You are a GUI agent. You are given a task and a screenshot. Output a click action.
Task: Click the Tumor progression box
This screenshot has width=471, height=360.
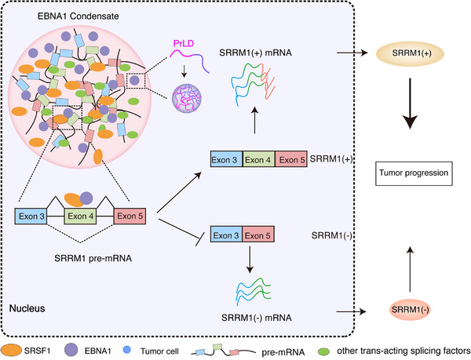[414, 173]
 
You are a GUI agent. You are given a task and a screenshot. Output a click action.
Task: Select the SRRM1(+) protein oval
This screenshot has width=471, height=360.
[410, 53]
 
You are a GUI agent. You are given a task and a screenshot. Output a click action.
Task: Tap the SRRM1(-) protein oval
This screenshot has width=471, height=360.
[410, 310]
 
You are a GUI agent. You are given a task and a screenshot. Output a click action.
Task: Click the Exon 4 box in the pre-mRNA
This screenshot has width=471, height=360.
[80, 216]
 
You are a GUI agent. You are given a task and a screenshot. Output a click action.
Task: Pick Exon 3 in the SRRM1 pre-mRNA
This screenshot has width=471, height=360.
[31, 216]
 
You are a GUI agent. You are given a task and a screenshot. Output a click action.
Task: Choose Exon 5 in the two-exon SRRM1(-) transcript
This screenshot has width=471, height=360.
[258, 235]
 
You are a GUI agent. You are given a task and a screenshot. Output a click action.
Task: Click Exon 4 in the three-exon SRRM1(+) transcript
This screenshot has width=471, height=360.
[258, 159]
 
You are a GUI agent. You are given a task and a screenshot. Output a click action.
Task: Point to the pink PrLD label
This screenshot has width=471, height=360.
[184, 44]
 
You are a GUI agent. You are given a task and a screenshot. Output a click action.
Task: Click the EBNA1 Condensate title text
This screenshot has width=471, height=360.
[78, 16]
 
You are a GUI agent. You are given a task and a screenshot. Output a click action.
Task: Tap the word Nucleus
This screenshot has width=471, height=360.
[27, 308]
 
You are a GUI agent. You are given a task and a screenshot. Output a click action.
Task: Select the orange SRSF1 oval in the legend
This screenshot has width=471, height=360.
[12, 350]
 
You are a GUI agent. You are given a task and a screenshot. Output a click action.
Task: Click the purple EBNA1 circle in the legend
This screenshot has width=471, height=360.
[71, 350]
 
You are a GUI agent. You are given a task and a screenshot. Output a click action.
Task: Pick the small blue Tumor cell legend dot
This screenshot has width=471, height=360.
[127, 350]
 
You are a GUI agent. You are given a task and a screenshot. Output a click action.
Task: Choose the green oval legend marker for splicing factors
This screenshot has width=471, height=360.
[323, 351]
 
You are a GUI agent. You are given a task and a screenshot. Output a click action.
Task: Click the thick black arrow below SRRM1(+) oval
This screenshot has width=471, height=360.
[410, 104]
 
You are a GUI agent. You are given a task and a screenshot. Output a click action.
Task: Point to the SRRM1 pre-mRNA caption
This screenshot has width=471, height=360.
[93, 258]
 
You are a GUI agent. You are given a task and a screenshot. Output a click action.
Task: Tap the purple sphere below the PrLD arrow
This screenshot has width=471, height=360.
[187, 98]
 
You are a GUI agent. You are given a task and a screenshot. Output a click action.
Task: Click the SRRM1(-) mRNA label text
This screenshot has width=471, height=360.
[257, 318]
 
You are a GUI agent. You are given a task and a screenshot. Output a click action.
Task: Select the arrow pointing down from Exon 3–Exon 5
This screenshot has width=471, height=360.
[250, 260]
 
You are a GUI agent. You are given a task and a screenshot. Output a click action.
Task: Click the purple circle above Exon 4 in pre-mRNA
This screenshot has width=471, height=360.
[86, 198]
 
